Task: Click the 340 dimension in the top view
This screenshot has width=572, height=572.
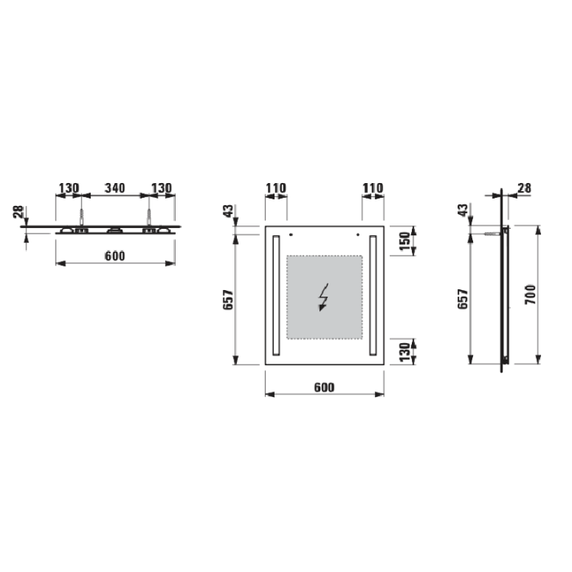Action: (115, 188)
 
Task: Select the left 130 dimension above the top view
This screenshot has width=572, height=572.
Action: (69, 188)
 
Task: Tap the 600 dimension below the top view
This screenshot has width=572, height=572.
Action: (115, 256)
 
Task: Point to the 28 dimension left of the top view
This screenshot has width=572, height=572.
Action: (18, 212)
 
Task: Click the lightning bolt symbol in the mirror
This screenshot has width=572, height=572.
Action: (324, 297)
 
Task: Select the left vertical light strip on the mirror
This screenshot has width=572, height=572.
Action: (276, 296)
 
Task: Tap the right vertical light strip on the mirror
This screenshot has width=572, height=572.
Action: (373, 296)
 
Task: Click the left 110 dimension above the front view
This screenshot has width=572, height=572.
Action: (276, 188)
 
